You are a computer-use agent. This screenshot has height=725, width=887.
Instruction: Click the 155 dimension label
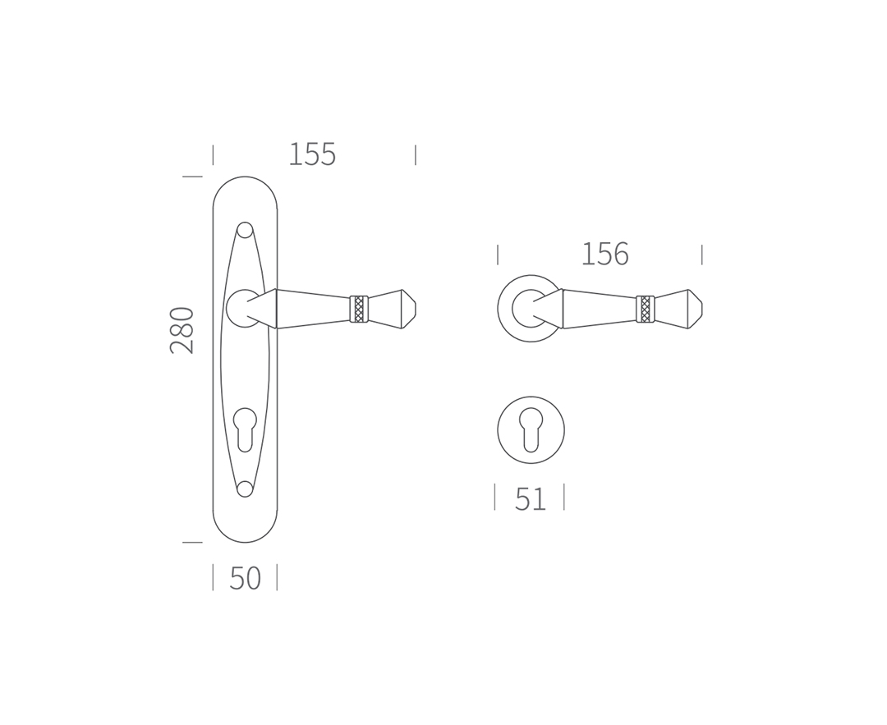coord(312,154)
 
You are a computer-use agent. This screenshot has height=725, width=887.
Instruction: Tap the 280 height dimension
coord(182,330)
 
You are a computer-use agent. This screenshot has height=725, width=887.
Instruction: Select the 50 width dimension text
coord(245,578)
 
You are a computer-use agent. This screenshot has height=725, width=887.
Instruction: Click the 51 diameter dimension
coord(530,499)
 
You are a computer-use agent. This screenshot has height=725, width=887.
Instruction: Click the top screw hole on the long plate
coord(245,230)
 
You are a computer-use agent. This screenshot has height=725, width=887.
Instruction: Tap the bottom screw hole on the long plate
coord(245,489)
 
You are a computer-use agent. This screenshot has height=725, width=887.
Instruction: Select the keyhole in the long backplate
coord(245,429)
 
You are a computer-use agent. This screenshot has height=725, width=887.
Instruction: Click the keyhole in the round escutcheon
coord(531,429)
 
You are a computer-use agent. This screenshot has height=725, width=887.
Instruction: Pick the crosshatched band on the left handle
coord(359,309)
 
